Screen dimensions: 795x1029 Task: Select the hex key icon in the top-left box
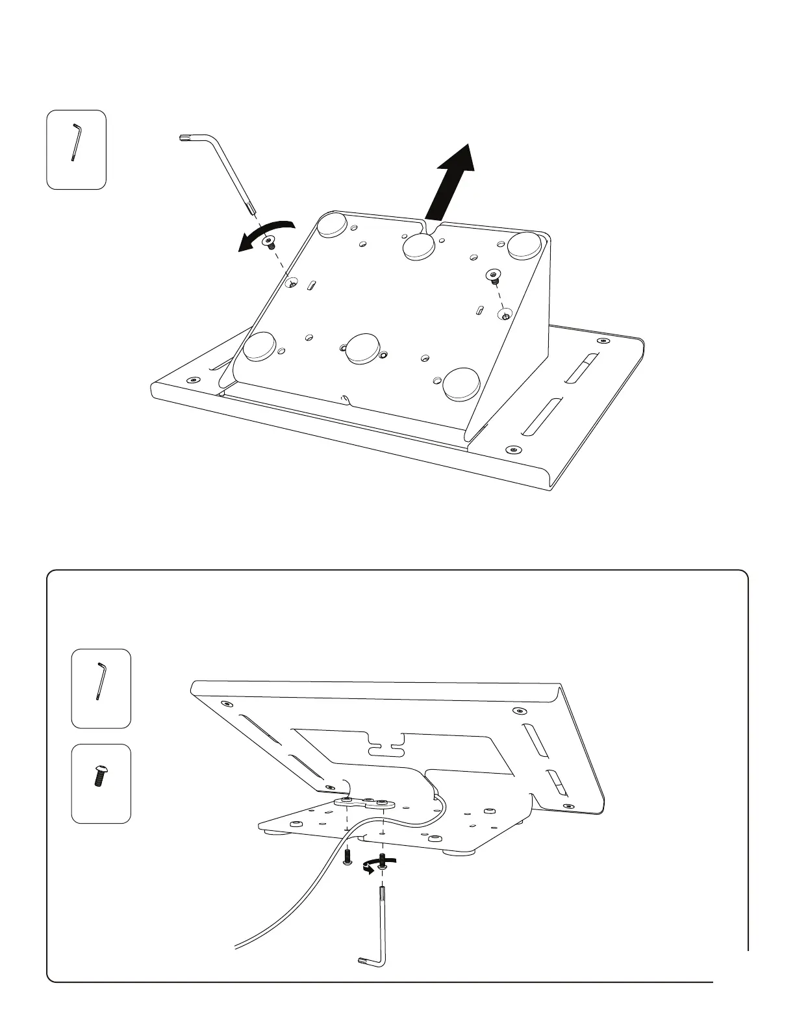(76, 142)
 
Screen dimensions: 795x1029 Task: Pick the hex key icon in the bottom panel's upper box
(101, 681)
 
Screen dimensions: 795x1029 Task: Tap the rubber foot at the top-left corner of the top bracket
(333, 223)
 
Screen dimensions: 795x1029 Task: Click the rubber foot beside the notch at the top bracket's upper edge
(418, 246)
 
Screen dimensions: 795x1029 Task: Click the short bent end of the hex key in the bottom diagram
(366, 959)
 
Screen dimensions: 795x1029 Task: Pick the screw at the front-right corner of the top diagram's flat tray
(514, 449)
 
